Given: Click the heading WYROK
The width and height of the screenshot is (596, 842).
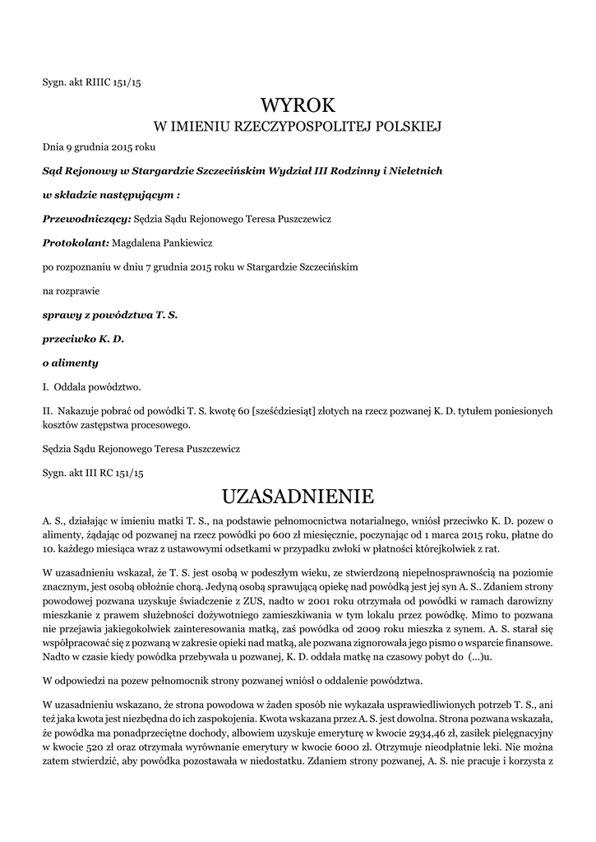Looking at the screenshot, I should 298,105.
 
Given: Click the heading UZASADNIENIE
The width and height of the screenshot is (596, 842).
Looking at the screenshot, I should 298,497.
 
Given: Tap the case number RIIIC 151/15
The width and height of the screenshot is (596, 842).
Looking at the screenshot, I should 117,82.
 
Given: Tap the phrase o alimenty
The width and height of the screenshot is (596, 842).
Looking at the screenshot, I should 70,363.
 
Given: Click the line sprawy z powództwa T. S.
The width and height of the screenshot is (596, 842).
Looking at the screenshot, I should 110,314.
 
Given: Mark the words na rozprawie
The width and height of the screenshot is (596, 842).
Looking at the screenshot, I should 70,290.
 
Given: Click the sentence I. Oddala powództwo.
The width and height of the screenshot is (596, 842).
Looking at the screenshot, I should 92,386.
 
